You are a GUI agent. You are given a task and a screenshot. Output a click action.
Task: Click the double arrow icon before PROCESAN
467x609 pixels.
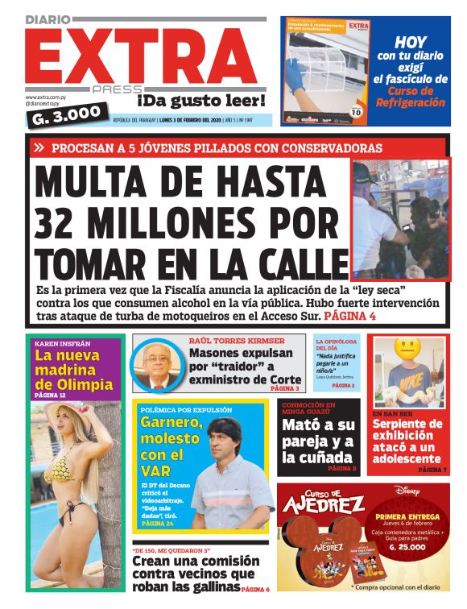(x=39, y=148)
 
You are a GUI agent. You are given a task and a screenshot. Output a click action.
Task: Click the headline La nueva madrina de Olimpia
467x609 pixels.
(x=73, y=370)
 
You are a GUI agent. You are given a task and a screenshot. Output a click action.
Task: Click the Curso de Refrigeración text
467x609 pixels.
(x=411, y=97)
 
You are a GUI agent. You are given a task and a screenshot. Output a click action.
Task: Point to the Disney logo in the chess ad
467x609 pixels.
(x=407, y=490)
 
